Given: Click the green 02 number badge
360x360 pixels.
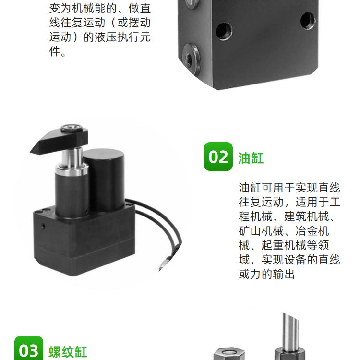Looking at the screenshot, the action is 218,156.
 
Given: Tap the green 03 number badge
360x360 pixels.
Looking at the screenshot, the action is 29,348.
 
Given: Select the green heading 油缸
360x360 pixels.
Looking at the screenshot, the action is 251,158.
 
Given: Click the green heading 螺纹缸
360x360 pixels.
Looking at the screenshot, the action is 68,352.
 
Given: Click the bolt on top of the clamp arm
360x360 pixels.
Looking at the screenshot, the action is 72,128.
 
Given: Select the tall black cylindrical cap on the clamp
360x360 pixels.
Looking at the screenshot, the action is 104,179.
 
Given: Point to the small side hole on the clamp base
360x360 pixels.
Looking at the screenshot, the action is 43,227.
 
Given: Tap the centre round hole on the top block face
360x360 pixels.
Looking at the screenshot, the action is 224,31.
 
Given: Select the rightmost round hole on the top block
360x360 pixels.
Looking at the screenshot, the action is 308,21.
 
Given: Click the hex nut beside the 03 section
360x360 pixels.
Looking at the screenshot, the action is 229,354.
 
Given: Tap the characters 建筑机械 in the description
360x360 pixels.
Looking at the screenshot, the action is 307,216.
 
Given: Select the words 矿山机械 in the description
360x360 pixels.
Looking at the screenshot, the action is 261,231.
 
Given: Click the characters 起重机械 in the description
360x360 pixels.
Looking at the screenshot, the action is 284,245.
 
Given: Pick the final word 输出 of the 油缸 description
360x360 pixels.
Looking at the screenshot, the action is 284,274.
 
